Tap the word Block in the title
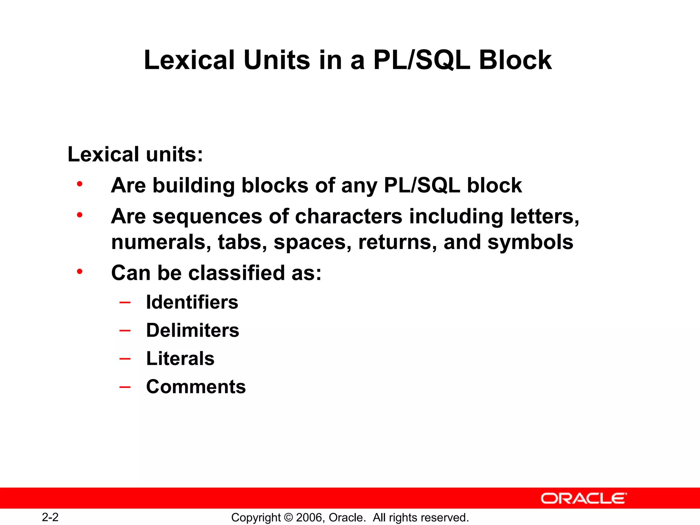515,60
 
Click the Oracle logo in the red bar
584,498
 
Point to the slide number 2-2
50,517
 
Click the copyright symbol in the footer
288,517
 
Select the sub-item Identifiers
192,302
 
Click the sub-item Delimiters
193,330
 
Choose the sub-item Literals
180,359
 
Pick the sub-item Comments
196,387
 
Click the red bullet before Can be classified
80,272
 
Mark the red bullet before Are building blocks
80,185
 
